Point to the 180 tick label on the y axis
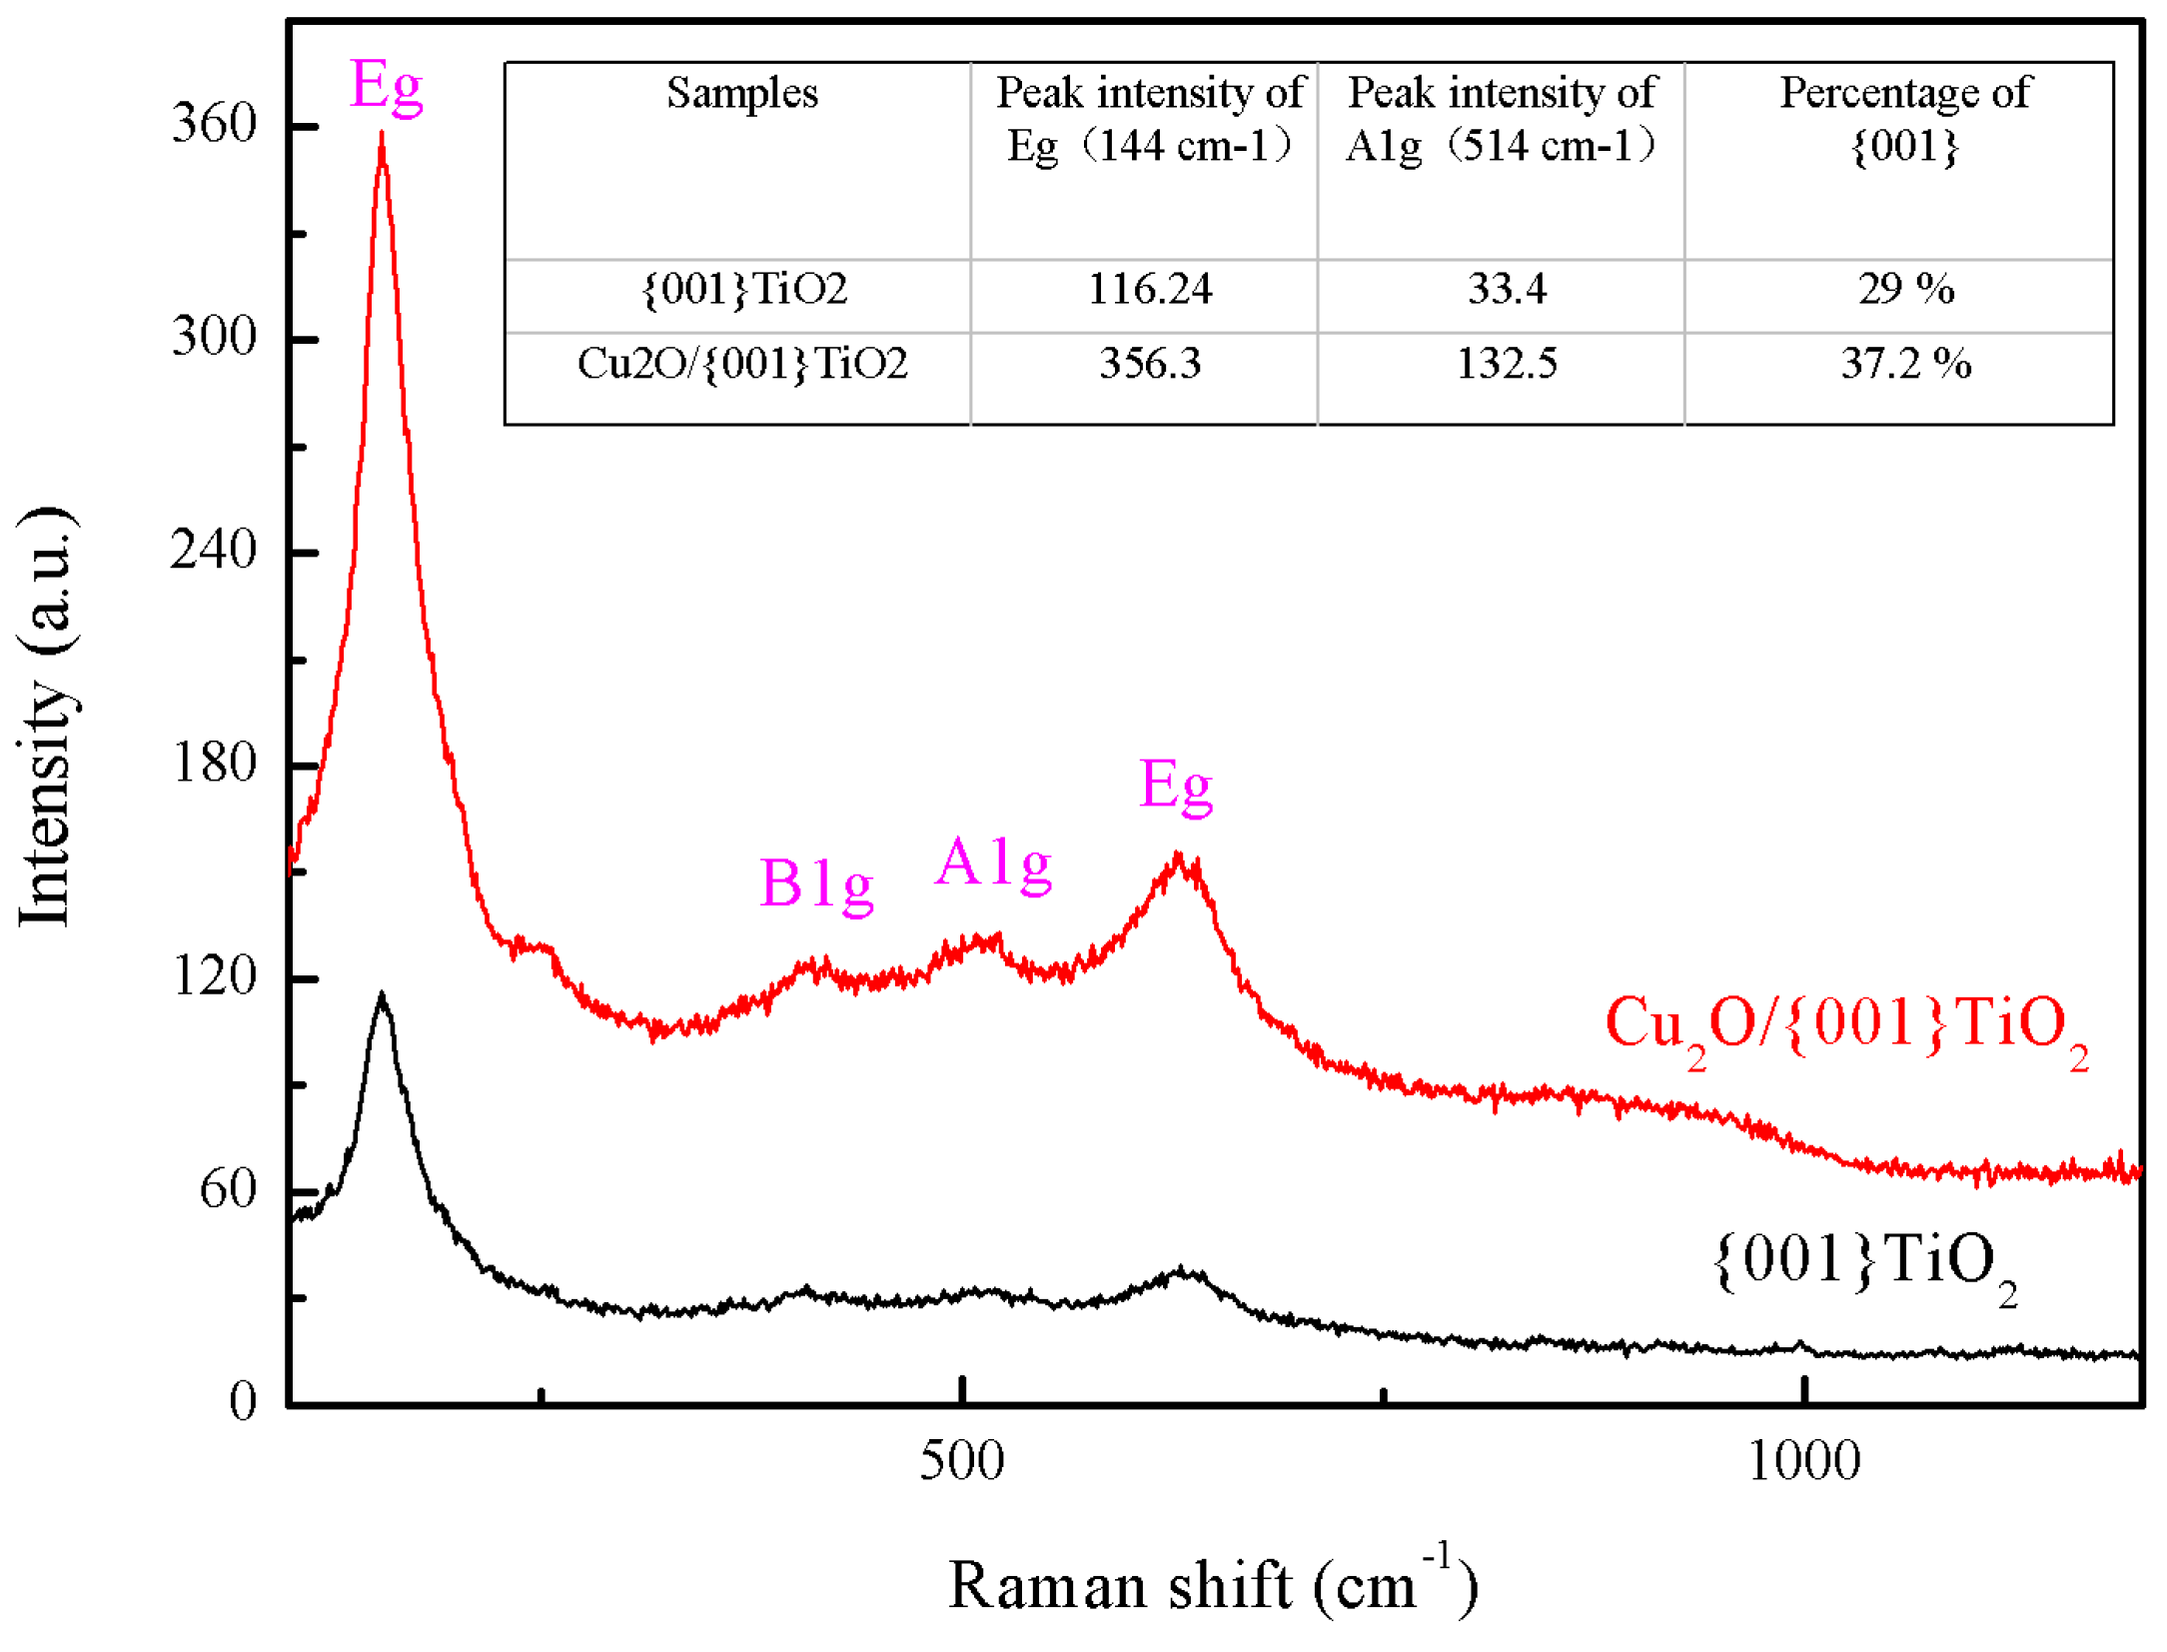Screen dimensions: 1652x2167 [x=214, y=764]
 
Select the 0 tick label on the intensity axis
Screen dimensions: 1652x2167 [x=243, y=1401]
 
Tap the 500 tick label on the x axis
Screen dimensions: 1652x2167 [x=961, y=1461]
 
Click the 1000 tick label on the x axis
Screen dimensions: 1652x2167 [x=1803, y=1461]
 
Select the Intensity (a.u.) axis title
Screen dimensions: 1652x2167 [x=46, y=717]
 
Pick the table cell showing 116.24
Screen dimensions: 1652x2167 [x=1149, y=290]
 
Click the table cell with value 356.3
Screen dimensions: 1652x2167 [x=1149, y=364]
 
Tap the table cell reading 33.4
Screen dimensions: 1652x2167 [x=1506, y=290]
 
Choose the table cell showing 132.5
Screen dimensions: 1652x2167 [x=1506, y=364]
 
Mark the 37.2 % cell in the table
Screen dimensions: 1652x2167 [x=1905, y=364]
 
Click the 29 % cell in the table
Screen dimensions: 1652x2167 [x=1905, y=290]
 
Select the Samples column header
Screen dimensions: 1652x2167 [x=741, y=94]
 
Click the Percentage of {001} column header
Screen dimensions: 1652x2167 [x=1904, y=119]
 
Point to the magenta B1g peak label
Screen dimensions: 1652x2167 [x=816, y=884]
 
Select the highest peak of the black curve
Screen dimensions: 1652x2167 [x=382, y=996]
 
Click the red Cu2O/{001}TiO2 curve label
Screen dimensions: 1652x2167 [x=1846, y=1026]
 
